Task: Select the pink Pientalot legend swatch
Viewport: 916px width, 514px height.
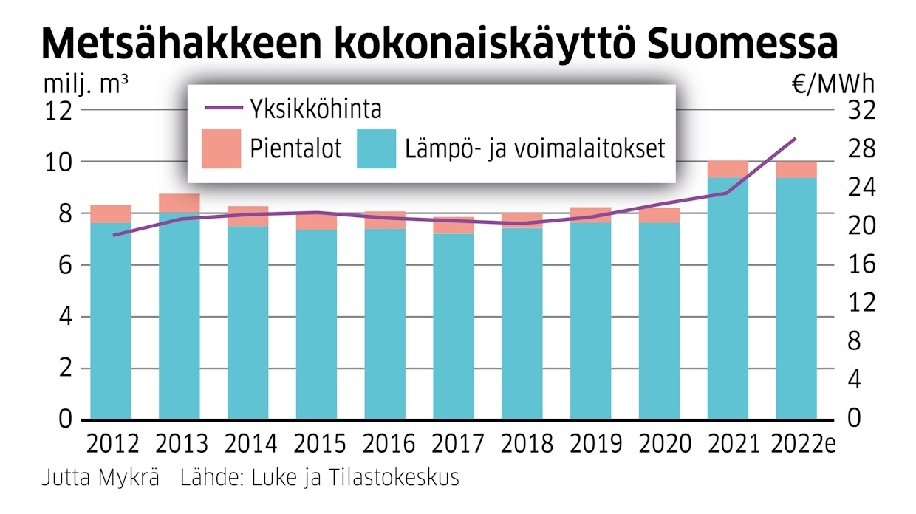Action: tap(221, 148)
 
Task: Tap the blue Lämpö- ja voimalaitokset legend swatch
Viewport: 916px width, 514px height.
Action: tap(376, 148)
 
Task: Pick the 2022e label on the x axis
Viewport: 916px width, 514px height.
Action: tap(802, 445)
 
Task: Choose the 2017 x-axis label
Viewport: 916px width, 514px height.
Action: tap(453, 445)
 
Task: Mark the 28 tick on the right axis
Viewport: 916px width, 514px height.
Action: tap(850, 149)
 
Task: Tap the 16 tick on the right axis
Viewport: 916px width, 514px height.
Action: tap(850, 264)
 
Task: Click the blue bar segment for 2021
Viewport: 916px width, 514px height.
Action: tap(728, 295)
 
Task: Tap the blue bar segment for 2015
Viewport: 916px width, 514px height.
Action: tap(316, 325)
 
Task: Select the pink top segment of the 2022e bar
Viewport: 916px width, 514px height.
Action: tap(796, 169)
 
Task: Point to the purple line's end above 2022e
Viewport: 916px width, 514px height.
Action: tap(796, 138)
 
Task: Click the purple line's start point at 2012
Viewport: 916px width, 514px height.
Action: tap(113, 236)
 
